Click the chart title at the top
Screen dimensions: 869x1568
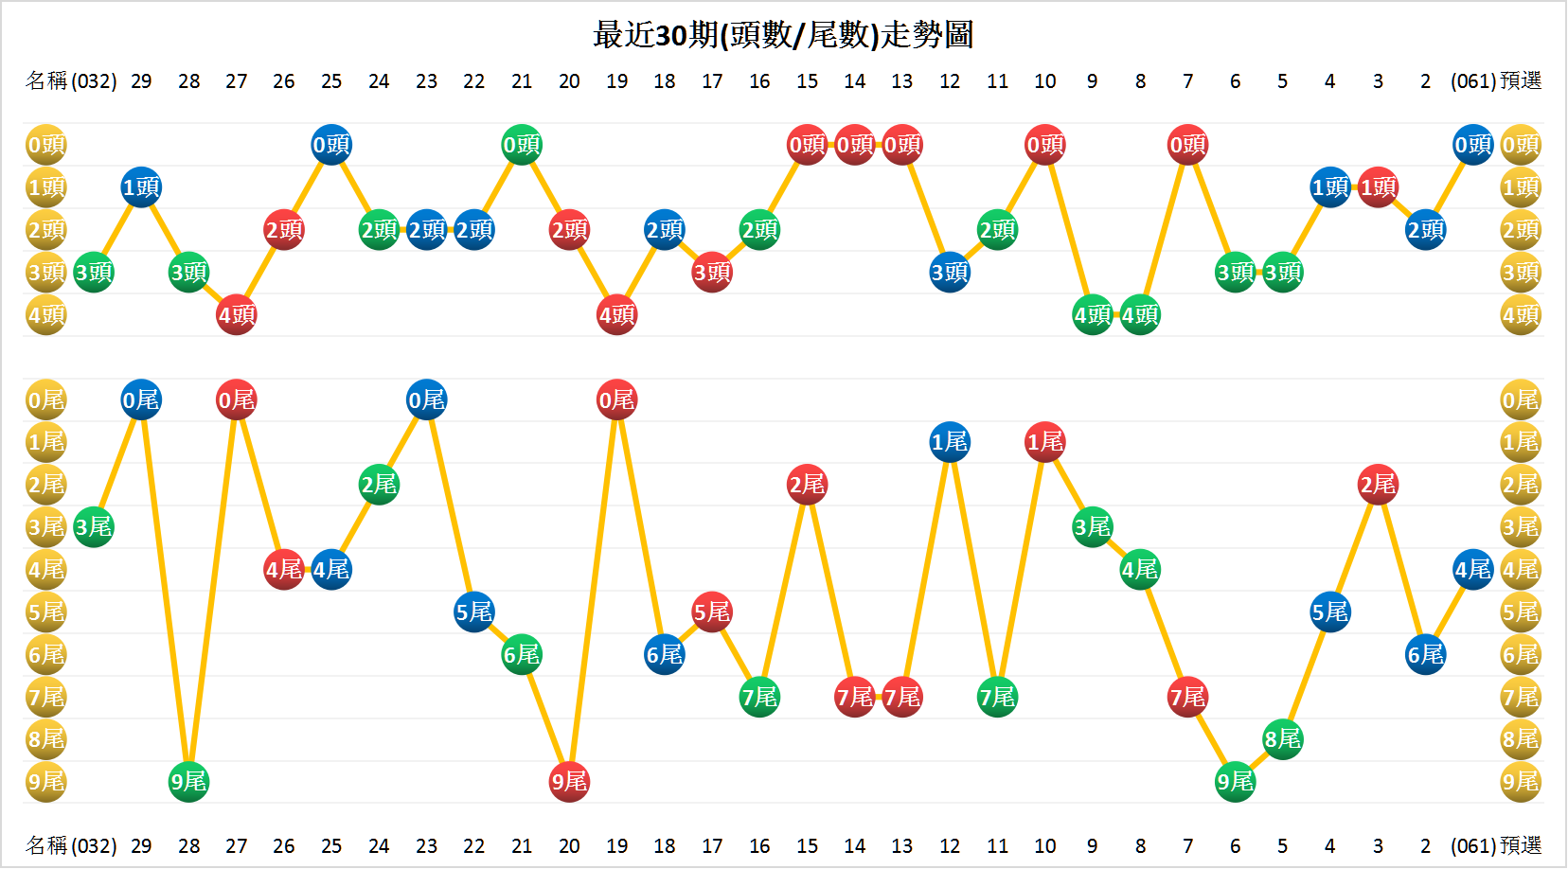coord(783,35)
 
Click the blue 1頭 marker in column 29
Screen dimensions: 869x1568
coord(141,187)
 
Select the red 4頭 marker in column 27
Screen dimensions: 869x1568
coord(237,314)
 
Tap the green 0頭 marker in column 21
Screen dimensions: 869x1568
coord(522,145)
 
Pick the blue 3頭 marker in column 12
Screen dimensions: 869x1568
coord(950,273)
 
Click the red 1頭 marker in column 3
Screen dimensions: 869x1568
coord(1378,187)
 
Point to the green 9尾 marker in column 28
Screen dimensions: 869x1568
coord(188,782)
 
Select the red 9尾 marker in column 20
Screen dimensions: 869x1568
coord(569,782)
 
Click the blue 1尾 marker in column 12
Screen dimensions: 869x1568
coord(950,442)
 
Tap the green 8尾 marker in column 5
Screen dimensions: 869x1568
coord(1283,739)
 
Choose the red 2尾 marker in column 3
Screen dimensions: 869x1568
coord(1378,485)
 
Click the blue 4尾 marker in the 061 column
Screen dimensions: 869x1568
coord(1473,570)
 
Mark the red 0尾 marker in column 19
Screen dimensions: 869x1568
coord(616,399)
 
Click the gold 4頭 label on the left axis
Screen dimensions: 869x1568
coord(45,314)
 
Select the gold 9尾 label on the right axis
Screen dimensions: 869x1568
coord(1521,782)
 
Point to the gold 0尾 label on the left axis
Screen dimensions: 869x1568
coord(45,399)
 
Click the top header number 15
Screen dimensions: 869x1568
coord(807,81)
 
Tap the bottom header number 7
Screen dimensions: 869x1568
coord(1187,845)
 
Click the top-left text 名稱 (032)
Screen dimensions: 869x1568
coord(71,81)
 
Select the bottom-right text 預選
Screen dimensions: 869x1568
coord(1521,845)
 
